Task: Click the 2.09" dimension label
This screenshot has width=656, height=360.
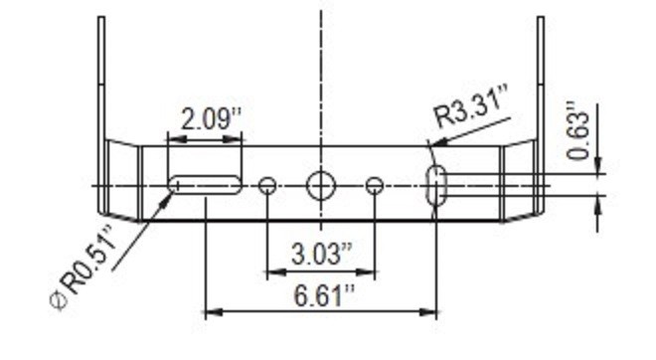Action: [x=212, y=119]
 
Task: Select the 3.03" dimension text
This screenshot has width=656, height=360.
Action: [x=322, y=254]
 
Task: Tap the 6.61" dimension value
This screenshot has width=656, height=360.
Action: [x=324, y=295]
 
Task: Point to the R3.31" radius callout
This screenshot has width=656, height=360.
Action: [x=471, y=105]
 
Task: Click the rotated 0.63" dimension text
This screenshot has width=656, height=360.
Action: [x=578, y=130]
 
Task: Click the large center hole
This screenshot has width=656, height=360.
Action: [x=321, y=186]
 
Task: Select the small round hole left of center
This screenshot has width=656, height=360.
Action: [x=267, y=186]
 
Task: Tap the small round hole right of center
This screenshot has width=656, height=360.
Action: [x=375, y=186]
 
